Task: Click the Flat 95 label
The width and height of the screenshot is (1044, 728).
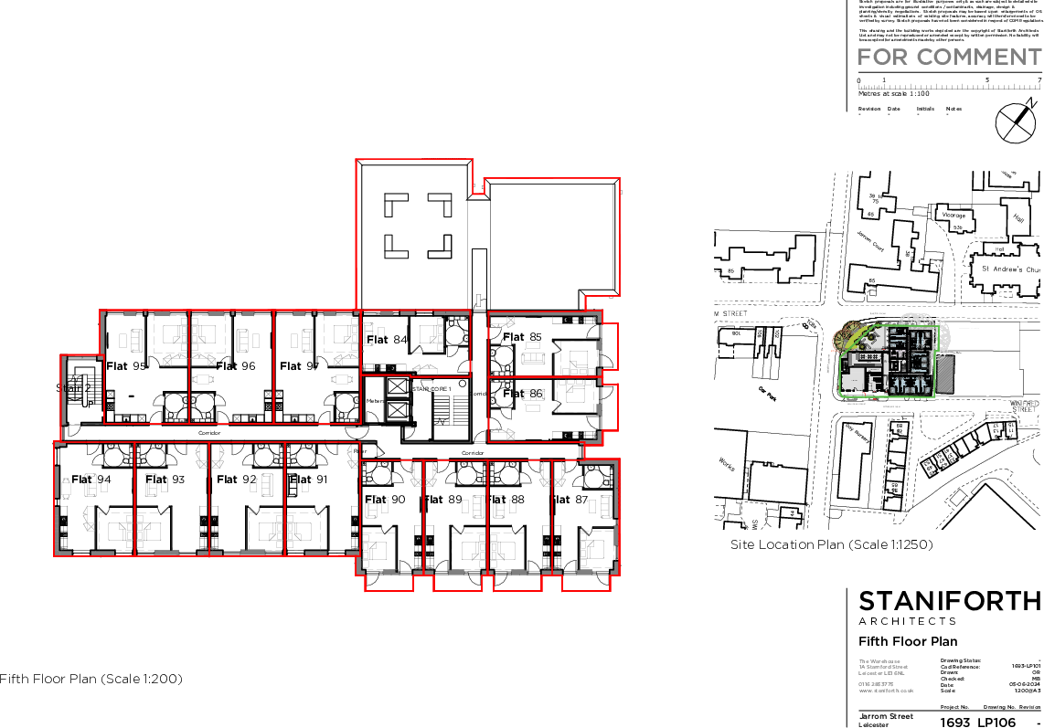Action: (x=127, y=366)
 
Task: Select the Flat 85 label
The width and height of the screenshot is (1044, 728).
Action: (x=522, y=337)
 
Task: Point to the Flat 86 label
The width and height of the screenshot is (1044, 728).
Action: (x=523, y=394)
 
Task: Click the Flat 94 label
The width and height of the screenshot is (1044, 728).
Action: (x=91, y=480)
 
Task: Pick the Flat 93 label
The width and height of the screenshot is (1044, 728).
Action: (x=165, y=480)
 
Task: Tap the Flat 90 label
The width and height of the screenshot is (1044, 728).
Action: (x=385, y=500)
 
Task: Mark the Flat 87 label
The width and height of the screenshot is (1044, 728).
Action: (x=571, y=500)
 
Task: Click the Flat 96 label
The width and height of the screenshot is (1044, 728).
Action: (x=236, y=366)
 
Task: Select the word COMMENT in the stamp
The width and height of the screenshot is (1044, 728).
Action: (x=979, y=57)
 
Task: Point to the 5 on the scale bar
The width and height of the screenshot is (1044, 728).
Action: (x=986, y=79)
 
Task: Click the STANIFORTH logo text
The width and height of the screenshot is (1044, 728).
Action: (x=949, y=601)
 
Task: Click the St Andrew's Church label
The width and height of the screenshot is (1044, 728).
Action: (x=1010, y=269)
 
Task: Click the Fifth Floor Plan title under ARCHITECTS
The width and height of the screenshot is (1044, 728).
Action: (x=908, y=640)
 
